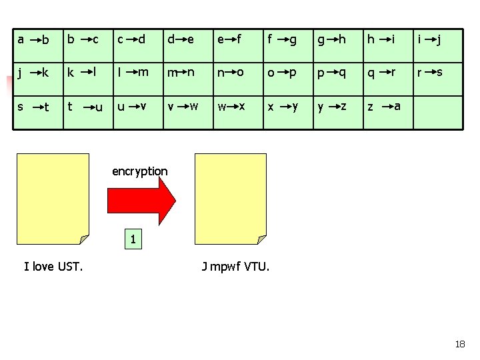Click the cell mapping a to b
pyautogui.click(x=38, y=46)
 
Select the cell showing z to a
pyautogui.click(x=388, y=113)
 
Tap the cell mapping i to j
pyautogui.click(x=438, y=46)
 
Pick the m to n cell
pyautogui.click(x=188, y=79)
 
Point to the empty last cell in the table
pyautogui.click(x=438, y=113)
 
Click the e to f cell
pyautogui.click(x=238, y=46)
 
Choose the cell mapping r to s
pyautogui.click(x=438, y=79)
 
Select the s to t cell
pyautogui.click(x=38, y=113)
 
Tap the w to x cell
pyautogui.click(x=238, y=113)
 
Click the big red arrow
pyautogui.click(x=141, y=201)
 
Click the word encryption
pyautogui.click(x=140, y=171)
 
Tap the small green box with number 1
pyautogui.click(x=133, y=239)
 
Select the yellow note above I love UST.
pyautogui.click(x=53, y=199)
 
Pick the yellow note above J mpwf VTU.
pyautogui.click(x=231, y=199)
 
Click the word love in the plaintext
pyautogui.click(x=43, y=266)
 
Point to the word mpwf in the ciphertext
pyautogui.click(x=225, y=267)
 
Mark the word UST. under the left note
pyautogui.click(x=70, y=266)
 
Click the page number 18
pyautogui.click(x=460, y=344)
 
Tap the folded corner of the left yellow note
pyautogui.click(x=83, y=239)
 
